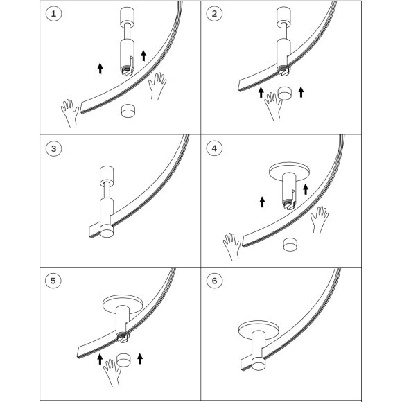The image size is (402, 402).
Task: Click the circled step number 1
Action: [x=53, y=14]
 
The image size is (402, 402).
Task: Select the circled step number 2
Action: [x=214, y=14]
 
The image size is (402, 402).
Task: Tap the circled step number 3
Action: [x=53, y=149]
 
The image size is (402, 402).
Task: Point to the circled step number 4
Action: [x=214, y=149]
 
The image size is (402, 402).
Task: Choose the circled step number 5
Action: [x=53, y=281]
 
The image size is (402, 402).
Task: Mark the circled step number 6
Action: [x=215, y=281]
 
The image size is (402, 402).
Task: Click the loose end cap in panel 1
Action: [x=128, y=111]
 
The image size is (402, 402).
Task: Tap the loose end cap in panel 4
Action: [x=290, y=244]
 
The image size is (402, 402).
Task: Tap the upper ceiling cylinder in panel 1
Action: [x=128, y=16]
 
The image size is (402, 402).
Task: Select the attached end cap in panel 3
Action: [x=107, y=231]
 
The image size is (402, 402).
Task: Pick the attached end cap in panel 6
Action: [x=259, y=363]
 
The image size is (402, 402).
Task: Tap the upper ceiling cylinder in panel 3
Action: [x=106, y=175]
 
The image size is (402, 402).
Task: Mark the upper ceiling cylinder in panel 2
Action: [x=283, y=16]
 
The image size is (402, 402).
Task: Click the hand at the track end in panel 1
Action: [x=70, y=113]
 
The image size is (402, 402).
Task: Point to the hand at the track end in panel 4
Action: [x=232, y=247]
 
